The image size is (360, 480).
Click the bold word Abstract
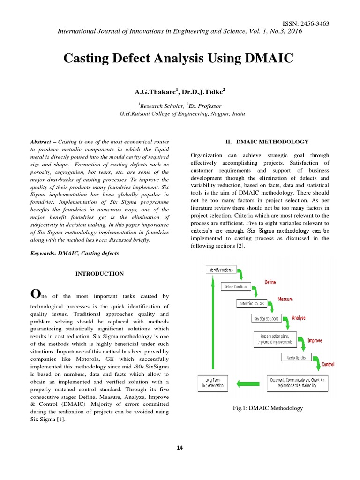coord(40,142)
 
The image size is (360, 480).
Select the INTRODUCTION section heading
coord(100,274)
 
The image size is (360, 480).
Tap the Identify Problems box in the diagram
coord(220,270)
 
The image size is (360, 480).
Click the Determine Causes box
coord(252,303)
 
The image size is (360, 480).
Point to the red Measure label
coord(285,299)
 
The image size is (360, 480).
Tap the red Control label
coord(328,364)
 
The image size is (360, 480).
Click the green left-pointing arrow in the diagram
coord(248,383)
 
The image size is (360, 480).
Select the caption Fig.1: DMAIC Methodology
coord(268,408)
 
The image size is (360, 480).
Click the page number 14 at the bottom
coord(180,448)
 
